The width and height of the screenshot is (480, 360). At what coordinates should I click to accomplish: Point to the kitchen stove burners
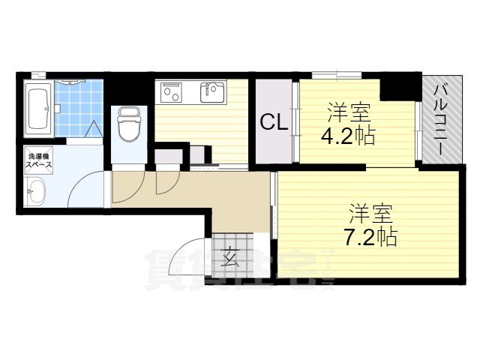pos(171,93)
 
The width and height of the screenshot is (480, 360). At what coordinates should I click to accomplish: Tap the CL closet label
pos(274,122)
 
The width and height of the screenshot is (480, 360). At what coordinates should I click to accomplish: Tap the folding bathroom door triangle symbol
pos(93,128)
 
